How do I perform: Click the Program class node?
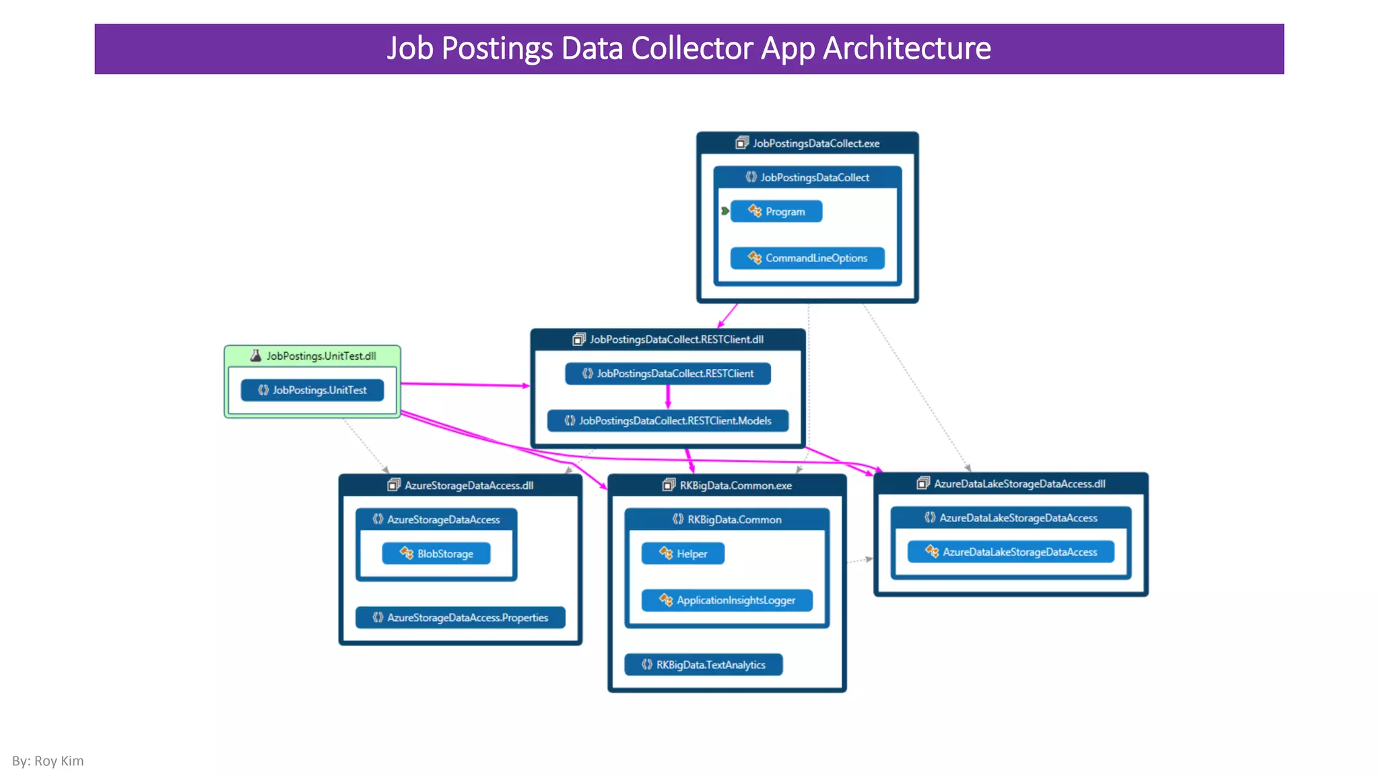[776, 212]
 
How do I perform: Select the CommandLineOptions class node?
[807, 258]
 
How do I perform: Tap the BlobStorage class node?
[436, 554]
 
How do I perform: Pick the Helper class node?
[683, 554]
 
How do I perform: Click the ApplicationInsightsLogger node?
[727, 600]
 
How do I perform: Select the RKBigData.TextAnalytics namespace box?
[703, 665]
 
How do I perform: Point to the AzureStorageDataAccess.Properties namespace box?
[460, 618]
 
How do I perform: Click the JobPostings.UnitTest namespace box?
[312, 390]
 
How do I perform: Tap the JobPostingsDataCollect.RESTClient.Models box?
[667, 421]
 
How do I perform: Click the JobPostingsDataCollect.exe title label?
[815, 143]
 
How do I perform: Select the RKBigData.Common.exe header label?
[735, 486]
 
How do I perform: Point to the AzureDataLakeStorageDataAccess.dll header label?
[1019, 484]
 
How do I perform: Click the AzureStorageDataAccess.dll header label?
[469, 486]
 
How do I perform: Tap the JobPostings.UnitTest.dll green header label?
[321, 356]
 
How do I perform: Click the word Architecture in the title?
[907, 48]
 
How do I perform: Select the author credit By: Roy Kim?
[48, 761]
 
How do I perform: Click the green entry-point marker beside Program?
[725, 212]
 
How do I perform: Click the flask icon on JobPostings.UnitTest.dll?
[256, 356]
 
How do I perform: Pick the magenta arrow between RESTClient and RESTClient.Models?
[668, 397]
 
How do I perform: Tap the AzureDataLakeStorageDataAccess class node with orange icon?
[1011, 552]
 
